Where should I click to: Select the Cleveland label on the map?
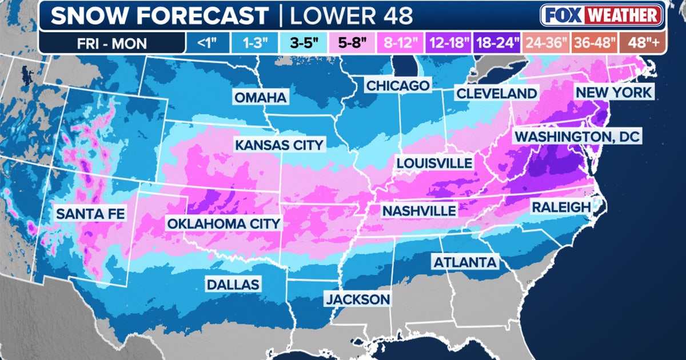pos(496,93)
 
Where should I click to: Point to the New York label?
pos(613,93)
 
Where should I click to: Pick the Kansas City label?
pos(279,145)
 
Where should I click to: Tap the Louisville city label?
pos(434,163)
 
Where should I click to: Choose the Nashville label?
pos(419,211)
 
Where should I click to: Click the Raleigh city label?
pos(561,207)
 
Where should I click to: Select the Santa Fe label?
pos(90,214)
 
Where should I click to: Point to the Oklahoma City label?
pos(224,223)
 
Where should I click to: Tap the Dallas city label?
pos(233,284)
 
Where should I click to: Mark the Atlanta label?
pos(465,262)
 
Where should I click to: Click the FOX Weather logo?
pos(601,15)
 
